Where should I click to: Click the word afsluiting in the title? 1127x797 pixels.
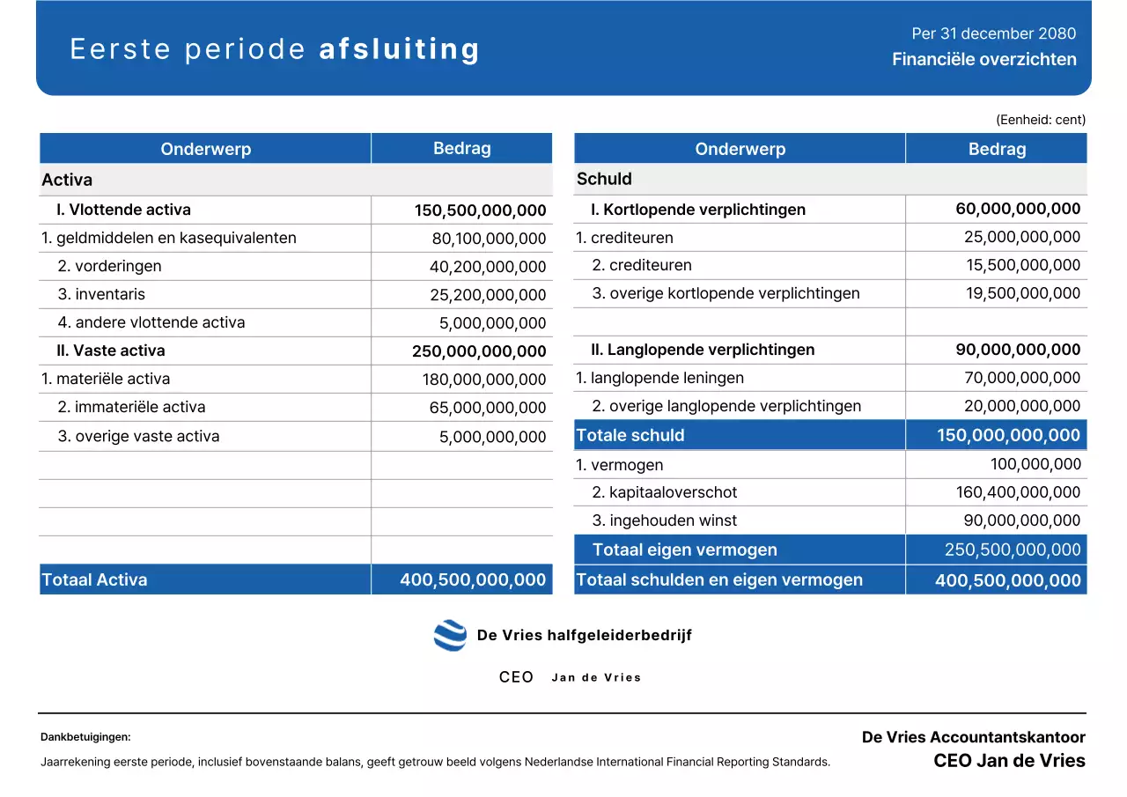(399, 49)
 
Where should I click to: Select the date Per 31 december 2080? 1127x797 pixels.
(993, 33)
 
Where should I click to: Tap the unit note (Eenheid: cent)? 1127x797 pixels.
(1040, 120)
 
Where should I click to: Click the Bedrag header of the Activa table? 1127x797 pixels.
(461, 148)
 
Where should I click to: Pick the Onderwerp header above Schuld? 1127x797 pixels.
(740, 149)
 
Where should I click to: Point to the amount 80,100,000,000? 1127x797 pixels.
(489, 239)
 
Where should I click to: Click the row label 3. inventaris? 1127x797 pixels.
(101, 294)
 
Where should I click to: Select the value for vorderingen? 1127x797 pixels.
(488, 267)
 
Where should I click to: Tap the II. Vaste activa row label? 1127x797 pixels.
(111, 351)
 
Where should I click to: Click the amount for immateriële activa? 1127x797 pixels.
(488, 408)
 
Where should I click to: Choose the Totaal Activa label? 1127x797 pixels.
(94, 579)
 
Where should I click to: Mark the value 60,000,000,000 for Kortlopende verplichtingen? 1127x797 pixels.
(1018, 209)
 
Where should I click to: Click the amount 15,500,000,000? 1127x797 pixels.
(1022, 265)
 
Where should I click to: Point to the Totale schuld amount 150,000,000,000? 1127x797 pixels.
(1008, 435)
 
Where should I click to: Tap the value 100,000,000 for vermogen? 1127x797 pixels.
(1035, 464)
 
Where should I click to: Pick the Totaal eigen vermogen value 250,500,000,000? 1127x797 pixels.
(1013, 550)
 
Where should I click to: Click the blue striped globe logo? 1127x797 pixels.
(450, 635)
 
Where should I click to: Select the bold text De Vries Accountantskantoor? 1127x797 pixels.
(973, 737)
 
